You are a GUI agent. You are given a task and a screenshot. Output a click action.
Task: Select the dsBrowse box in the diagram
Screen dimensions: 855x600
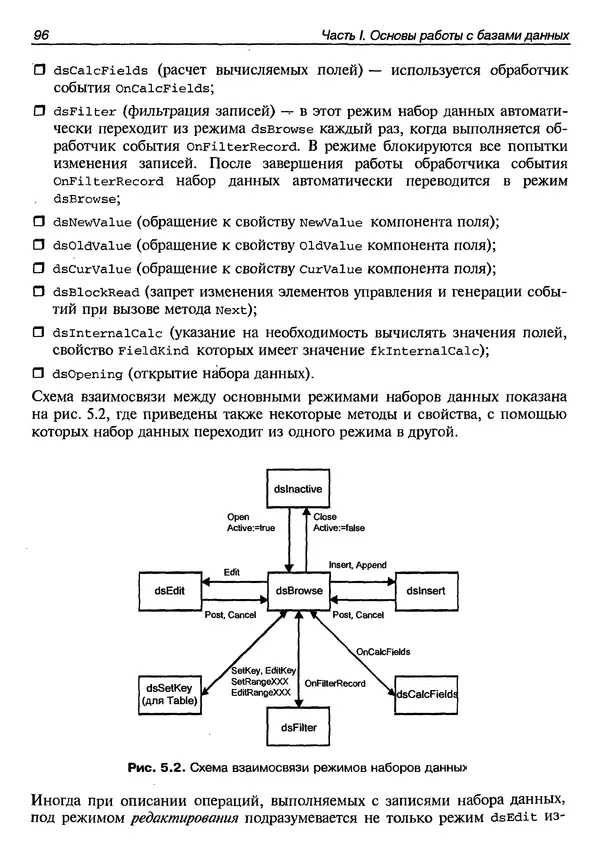[297, 591]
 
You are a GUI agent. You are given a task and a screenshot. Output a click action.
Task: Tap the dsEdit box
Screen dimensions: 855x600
[170, 591]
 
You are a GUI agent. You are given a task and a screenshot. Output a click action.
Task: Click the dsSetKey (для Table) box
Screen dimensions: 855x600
[170, 693]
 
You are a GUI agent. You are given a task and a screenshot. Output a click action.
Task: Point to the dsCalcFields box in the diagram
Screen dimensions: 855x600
[427, 693]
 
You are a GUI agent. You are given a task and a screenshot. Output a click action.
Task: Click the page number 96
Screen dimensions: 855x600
[42, 36]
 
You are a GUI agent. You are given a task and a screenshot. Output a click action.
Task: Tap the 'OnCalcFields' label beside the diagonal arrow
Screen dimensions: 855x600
[383, 651]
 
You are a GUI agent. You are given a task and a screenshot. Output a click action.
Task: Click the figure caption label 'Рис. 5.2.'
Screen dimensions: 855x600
[157, 768]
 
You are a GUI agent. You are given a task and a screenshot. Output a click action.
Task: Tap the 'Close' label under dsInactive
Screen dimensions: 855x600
[325, 517]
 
